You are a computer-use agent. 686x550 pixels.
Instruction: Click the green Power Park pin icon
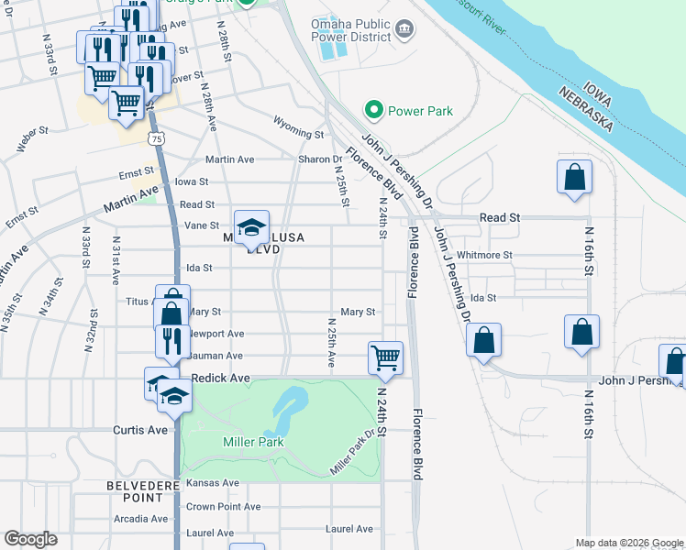coord(373,111)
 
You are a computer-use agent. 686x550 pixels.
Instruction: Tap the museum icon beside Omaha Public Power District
coord(404,34)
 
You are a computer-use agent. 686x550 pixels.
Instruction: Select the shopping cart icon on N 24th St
coord(386,357)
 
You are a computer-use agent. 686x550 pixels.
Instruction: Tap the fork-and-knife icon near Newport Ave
coord(171,340)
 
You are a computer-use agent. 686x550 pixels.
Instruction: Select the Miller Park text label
coord(253,443)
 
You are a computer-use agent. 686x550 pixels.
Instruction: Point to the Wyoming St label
coord(299,134)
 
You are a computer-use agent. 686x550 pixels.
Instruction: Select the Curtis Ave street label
coord(139,430)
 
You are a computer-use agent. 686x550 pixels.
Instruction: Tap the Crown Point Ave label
coord(224,506)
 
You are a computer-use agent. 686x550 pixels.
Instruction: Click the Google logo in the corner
coord(31,538)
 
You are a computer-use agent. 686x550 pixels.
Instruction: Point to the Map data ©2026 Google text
coord(627,543)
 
